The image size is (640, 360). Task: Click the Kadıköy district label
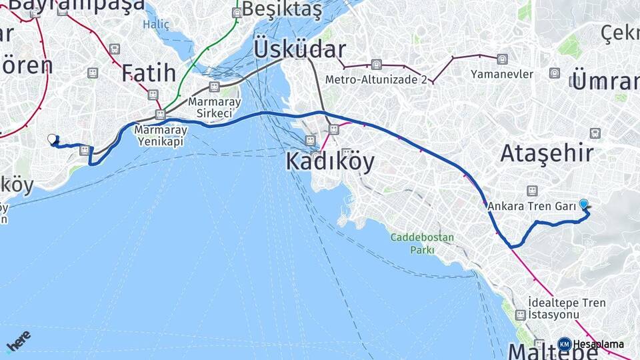tap(330, 161)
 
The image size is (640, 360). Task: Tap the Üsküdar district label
tap(299, 49)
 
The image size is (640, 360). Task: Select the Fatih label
tap(149, 72)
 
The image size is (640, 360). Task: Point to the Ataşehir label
tap(547, 154)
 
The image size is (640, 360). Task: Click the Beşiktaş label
tap(282, 10)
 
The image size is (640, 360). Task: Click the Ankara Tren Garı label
tap(531, 206)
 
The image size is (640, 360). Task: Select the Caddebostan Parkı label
tap(422, 243)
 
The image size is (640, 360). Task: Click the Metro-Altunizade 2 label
tap(376, 79)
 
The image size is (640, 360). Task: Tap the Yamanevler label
tap(502, 74)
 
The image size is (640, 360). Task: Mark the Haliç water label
tap(156, 24)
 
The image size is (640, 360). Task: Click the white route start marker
tap(52, 139)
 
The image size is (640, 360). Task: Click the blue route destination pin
tap(584, 205)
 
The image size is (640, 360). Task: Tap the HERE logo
tap(18, 341)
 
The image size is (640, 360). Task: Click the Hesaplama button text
tap(599, 344)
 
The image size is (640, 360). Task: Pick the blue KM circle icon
tap(564, 344)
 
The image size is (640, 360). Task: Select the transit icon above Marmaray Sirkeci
tap(214, 87)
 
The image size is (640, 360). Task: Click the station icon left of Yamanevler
tap(502, 59)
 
